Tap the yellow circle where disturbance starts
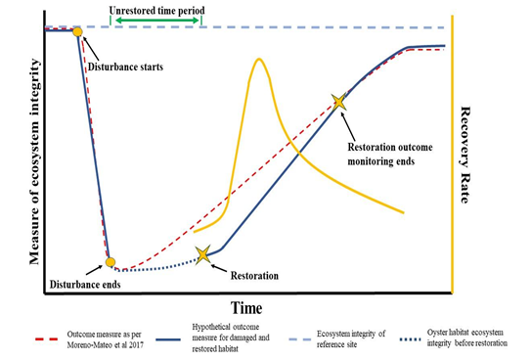tap(77, 32)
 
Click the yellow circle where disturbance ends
tap(111, 261)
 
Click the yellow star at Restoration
tap(202, 255)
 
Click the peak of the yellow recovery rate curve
tap(258, 60)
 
